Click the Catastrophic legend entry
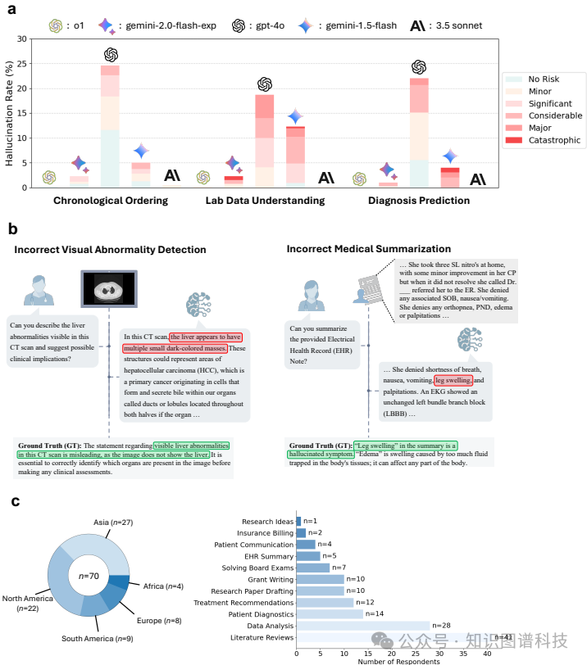click(x=547, y=140)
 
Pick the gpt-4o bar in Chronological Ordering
click(x=111, y=126)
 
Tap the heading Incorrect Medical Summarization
click(x=367, y=249)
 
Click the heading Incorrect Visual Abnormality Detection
click(x=111, y=249)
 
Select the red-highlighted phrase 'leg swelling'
click(x=453, y=381)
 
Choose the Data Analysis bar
click(x=363, y=626)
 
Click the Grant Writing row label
click(x=266, y=579)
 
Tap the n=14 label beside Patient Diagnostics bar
click(x=374, y=613)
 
